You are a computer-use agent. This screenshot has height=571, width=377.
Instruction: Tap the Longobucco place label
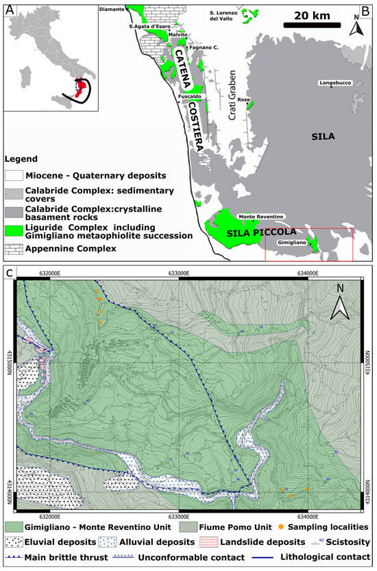(x=335, y=84)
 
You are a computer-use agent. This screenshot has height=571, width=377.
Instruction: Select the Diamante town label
(x=112, y=10)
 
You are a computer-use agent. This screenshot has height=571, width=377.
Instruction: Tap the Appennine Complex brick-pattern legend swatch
(x=13, y=248)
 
